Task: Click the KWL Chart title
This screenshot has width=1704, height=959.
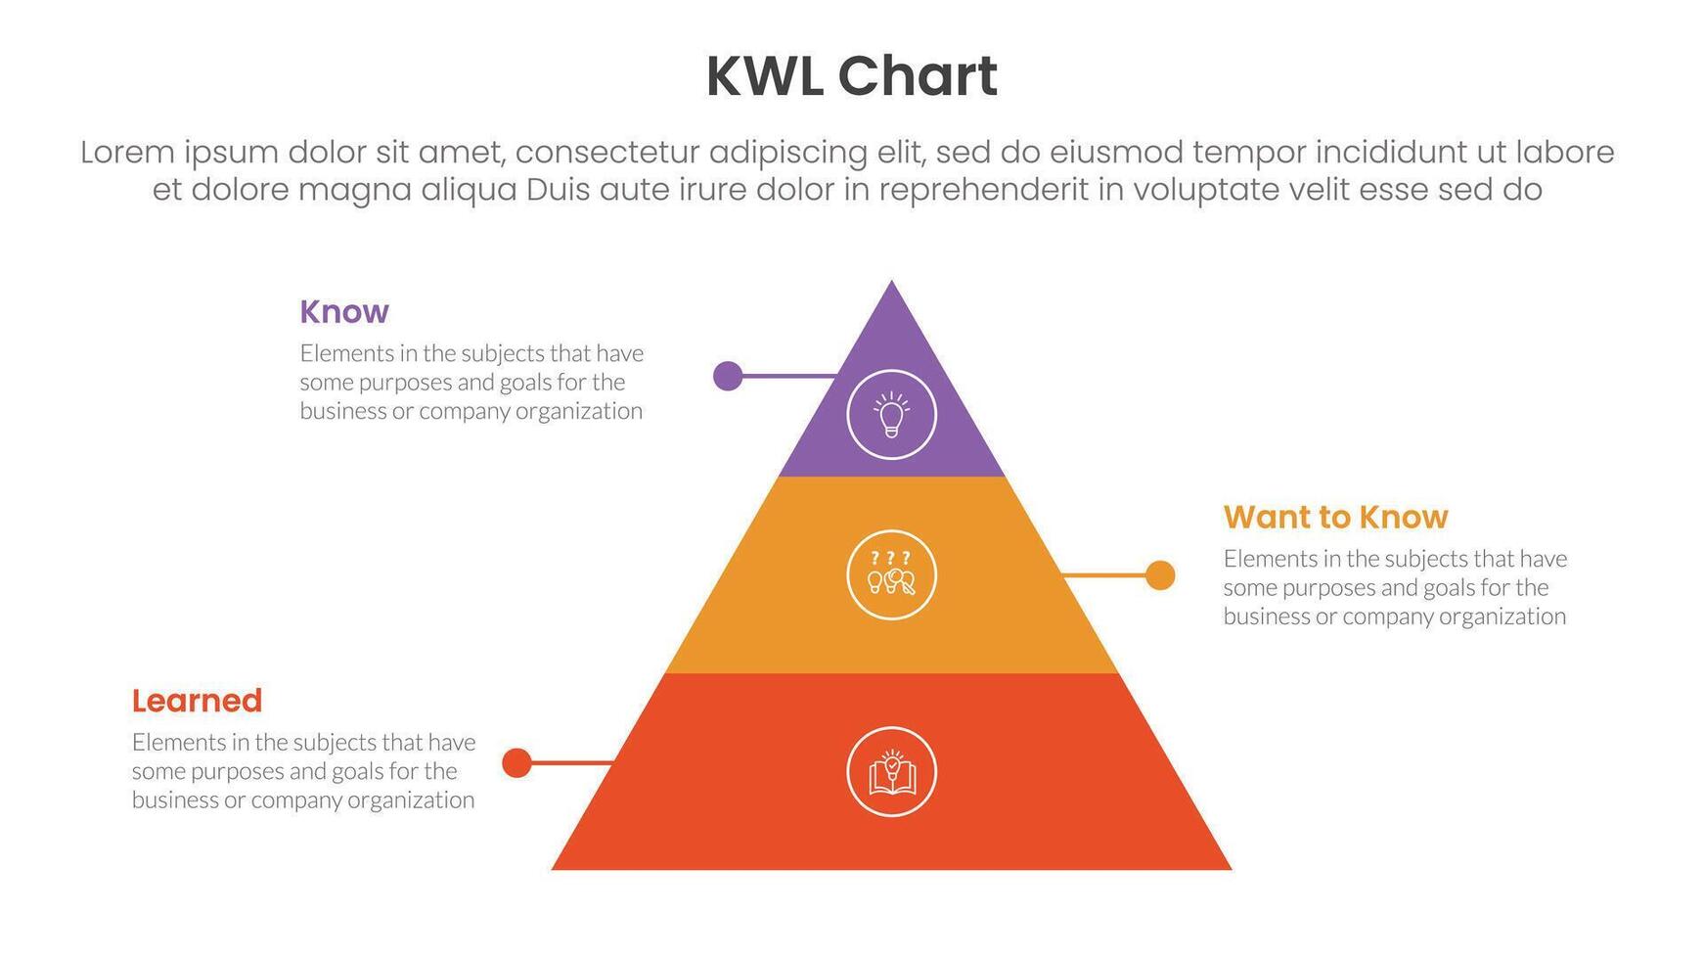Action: (851, 76)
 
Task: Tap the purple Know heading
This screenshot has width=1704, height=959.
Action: (344, 311)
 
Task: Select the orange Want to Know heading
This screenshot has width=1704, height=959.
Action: (1335, 517)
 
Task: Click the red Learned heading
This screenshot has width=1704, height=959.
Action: (197, 701)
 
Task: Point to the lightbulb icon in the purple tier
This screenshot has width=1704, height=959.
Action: (891, 415)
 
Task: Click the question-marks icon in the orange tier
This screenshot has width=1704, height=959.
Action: (891, 574)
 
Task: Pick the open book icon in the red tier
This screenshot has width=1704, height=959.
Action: (891, 772)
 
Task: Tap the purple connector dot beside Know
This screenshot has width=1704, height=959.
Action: (728, 376)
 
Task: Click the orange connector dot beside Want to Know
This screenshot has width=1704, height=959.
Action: (1160, 575)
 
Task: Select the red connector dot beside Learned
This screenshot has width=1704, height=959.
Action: (516, 762)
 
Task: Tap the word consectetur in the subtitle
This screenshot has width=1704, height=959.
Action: (605, 153)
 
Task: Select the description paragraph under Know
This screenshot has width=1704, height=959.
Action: (471, 382)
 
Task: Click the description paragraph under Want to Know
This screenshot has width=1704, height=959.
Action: (1395, 587)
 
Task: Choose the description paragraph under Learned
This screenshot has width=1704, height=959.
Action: (303, 771)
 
